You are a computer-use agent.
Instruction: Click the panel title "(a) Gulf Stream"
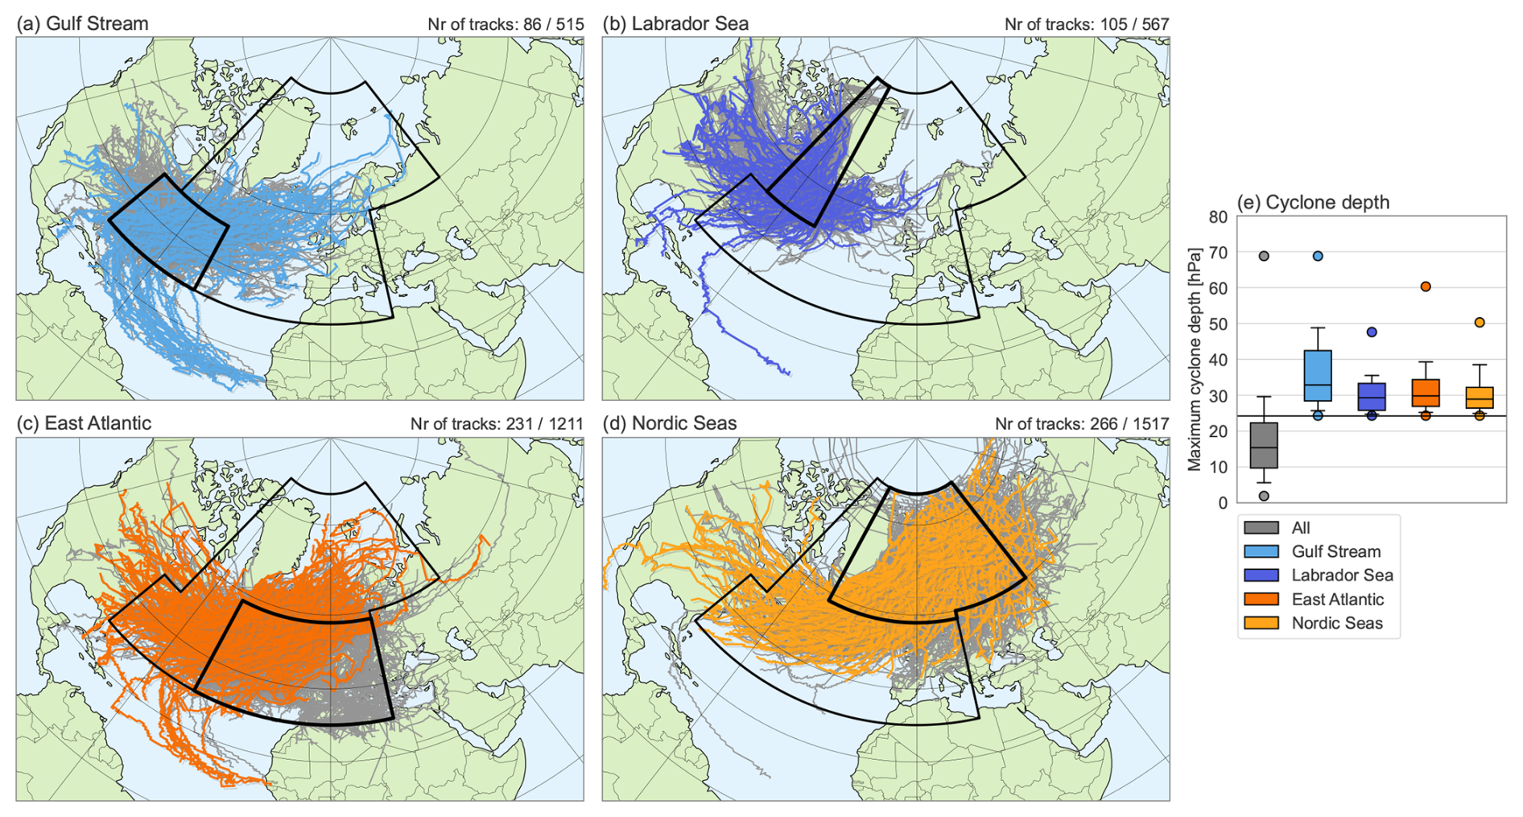coord(82,23)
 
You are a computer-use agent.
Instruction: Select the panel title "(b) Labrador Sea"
coord(675,23)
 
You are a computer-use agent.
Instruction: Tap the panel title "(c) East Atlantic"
coord(84,423)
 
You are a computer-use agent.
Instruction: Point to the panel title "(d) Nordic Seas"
coord(670,423)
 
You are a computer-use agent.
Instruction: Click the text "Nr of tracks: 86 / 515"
coord(506,24)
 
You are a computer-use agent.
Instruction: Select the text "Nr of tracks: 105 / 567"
coord(1087,24)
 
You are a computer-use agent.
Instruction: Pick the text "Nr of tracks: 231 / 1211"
coord(497,423)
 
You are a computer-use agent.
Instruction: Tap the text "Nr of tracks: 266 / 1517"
coord(1082,423)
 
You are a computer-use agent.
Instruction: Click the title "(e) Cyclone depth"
coord(1313,202)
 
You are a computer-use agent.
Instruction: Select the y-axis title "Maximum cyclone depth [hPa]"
coord(1195,359)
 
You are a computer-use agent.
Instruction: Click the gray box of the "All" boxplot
coord(1264,445)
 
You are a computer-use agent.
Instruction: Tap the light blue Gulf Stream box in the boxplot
coord(1318,375)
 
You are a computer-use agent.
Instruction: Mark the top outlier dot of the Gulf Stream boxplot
coord(1318,256)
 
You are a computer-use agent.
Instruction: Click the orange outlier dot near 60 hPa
coord(1426,287)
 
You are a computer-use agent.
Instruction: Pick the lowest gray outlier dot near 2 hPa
coord(1264,496)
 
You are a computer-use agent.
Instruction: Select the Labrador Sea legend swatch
coord(1261,576)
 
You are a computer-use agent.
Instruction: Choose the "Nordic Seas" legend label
coord(1336,623)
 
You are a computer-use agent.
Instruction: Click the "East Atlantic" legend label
coord(1337,599)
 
